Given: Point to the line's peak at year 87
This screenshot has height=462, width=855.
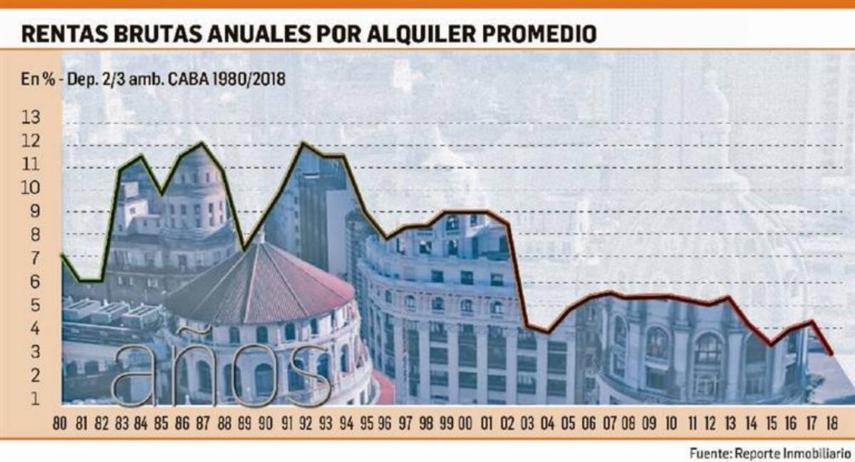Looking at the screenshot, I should point(202,143).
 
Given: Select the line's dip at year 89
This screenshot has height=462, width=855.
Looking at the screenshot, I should point(244,250).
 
